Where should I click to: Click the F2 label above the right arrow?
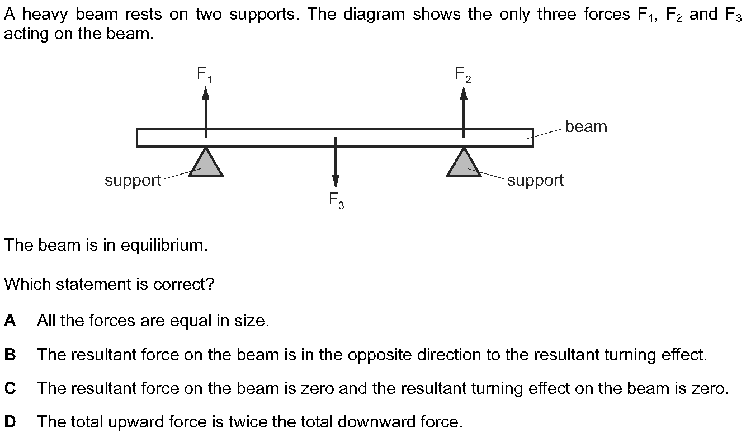[x=463, y=74]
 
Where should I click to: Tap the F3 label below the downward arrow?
[x=336, y=201]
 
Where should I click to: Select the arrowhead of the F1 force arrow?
[x=206, y=93]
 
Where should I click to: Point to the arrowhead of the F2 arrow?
[x=464, y=93]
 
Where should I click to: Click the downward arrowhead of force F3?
[x=336, y=181]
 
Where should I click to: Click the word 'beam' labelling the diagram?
[x=586, y=126]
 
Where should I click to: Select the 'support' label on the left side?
[x=133, y=181]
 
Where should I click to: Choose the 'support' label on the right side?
[x=536, y=181]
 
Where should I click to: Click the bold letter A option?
[x=10, y=320]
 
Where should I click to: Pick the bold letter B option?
[x=10, y=354]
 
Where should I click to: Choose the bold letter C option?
[x=10, y=388]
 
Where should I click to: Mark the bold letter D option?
[x=10, y=422]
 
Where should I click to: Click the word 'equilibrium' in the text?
[x=164, y=245]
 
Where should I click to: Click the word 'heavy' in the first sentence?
[x=45, y=15]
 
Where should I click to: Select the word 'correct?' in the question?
[x=183, y=284]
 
